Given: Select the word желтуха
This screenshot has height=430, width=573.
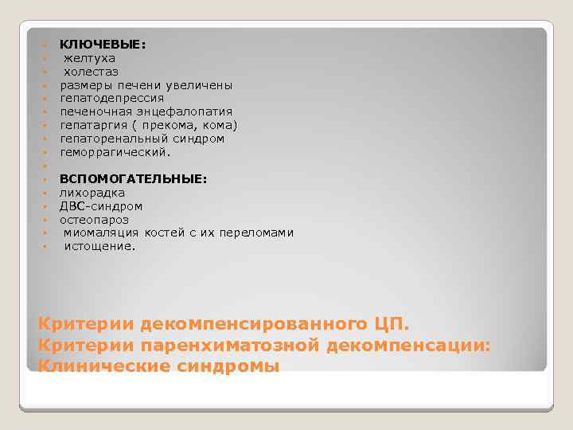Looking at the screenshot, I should [x=89, y=58].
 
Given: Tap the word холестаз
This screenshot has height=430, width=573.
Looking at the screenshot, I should [x=92, y=72].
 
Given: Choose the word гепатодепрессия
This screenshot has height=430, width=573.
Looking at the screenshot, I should [x=111, y=99].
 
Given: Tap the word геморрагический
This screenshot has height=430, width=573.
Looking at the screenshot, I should [x=115, y=152].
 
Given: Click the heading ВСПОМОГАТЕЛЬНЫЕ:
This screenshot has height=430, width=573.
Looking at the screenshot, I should [x=133, y=179].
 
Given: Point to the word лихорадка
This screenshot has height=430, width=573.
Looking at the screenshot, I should [x=92, y=193].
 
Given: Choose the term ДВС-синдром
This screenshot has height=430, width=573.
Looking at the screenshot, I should [x=95, y=206].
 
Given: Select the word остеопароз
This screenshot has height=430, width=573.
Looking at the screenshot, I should [x=94, y=220].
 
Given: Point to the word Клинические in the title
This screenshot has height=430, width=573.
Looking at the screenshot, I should [x=100, y=366].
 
